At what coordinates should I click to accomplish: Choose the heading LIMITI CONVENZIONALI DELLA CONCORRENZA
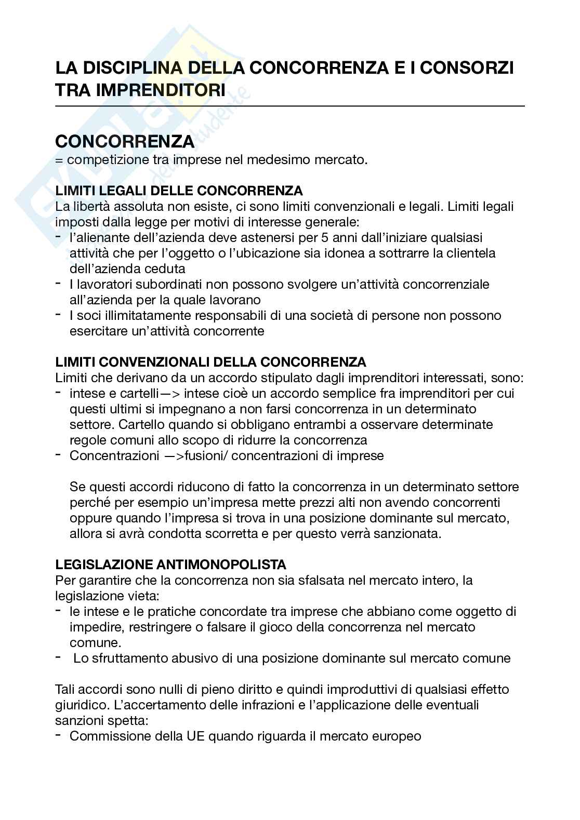pos(210,361)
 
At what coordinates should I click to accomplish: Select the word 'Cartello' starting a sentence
pos(141,424)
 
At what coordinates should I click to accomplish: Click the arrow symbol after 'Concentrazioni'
pos(176,455)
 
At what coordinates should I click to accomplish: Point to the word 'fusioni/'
pos(213,455)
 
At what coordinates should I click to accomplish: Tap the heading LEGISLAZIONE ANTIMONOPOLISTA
pos(171,564)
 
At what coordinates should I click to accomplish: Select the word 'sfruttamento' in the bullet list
pos(130,658)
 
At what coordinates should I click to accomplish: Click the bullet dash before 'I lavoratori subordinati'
pos(59,283)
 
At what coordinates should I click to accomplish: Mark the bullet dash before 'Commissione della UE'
pos(59,735)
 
